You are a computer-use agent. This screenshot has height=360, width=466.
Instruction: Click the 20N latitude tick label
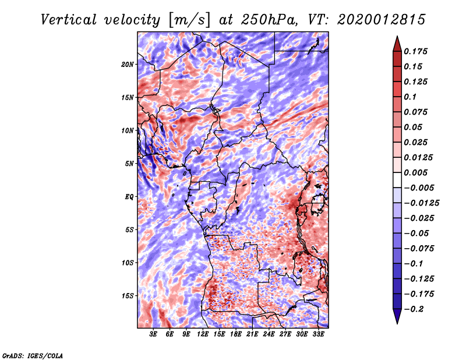[x=128, y=64]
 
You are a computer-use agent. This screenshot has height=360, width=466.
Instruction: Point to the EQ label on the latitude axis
[x=129, y=197]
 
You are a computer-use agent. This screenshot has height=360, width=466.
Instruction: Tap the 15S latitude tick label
[x=128, y=296]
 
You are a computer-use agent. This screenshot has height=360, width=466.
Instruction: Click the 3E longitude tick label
[x=153, y=334]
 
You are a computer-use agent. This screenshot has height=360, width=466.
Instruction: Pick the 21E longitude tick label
[x=252, y=334]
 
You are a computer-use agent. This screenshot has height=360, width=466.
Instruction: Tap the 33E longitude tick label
[x=318, y=334]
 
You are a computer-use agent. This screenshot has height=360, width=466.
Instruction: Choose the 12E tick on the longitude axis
[x=203, y=334]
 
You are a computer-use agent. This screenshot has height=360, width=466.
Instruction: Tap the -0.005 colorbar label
[x=418, y=188]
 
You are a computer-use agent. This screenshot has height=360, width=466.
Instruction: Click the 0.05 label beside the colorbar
[x=414, y=128]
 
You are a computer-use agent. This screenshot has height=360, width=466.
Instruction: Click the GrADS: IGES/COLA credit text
[x=32, y=354]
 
